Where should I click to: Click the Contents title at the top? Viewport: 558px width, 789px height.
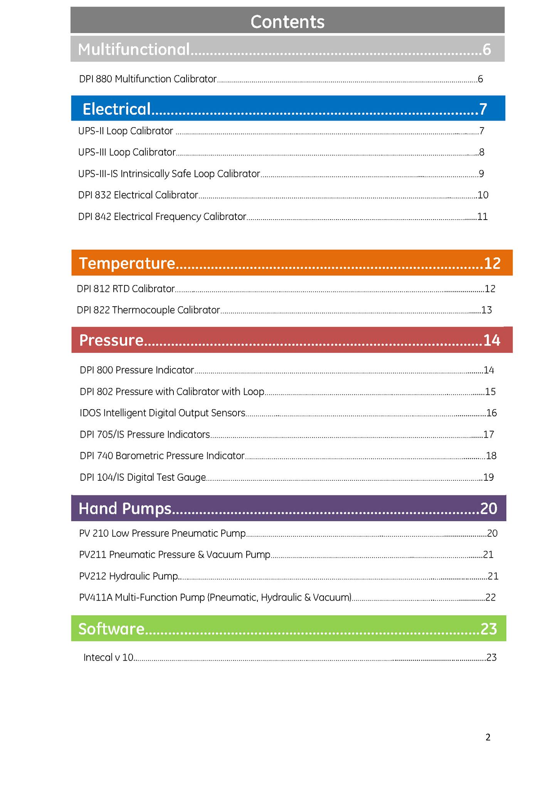pyautogui.click(x=287, y=22)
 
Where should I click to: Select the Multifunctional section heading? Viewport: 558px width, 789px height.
pyautogui.click(x=134, y=49)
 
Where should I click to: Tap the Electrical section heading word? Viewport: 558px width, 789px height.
pyautogui.click(x=116, y=109)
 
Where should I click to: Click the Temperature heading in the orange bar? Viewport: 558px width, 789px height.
pyautogui.click(x=127, y=264)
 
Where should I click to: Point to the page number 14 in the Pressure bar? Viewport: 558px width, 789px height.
pyautogui.click(x=492, y=340)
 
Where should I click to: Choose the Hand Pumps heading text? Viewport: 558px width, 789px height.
pyautogui.click(x=125, y=509)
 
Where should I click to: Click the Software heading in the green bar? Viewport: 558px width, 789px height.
pyautogui.click(x=111, y=629)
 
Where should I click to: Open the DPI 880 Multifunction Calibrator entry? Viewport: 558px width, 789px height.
pyautogui.click(x=148, y=79)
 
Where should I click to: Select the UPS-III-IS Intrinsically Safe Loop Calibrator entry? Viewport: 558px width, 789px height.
pyautogui.click(x=169, y=174)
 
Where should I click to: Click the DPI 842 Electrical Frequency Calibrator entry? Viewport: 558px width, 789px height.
pyautogui.click(x=162, y=217)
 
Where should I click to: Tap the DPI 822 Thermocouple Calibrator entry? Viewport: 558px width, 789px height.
pyautogui.click(x=148, y=310)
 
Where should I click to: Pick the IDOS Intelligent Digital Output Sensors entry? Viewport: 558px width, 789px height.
pyautogui.click(x=162, y=413)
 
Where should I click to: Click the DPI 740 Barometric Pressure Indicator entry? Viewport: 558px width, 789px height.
pyautogui.click(x=162, y=456)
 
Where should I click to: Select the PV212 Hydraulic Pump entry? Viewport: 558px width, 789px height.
pyautogui.click(x=128, y=576)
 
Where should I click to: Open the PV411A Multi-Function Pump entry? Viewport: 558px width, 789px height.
pyautogui.click(x=215, y=598)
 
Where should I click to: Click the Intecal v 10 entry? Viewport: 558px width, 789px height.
pyautogui.click(x=108, y=657)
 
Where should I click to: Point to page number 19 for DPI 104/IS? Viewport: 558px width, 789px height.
pyautogui.click(x=488, y=477)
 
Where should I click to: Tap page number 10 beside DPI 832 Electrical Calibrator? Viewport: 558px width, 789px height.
pyautogui.click(x=483, y=195)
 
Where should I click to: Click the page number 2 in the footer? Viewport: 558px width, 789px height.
pyautogui.click(x=488, y=737)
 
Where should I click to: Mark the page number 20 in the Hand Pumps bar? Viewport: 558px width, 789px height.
pyautogui.click(x=489, y=509)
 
